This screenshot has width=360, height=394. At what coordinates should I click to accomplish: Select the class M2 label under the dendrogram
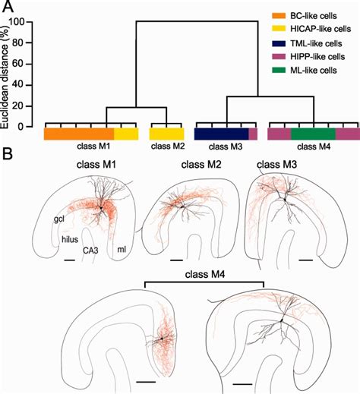166,146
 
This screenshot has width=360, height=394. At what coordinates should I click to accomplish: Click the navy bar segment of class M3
221,134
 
